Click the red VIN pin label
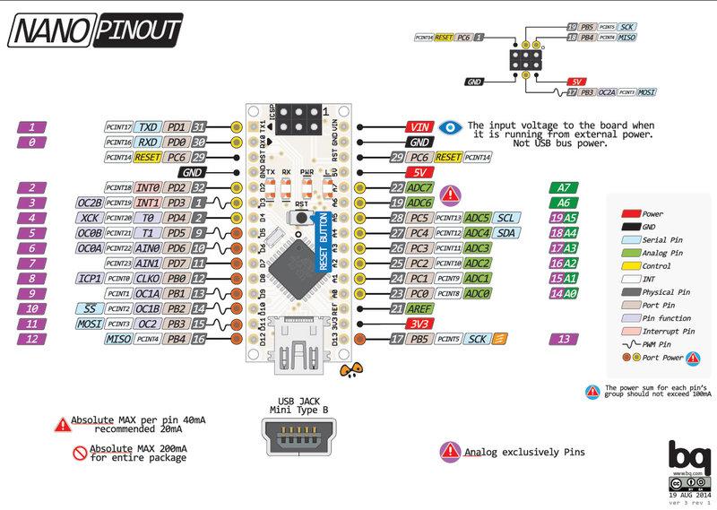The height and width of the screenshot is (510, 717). [x=419, y=127]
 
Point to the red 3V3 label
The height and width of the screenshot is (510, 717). [x=419, y=323]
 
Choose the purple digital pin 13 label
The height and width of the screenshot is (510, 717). [x=562, y=338]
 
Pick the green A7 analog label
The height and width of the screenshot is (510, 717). [x=562, y=187]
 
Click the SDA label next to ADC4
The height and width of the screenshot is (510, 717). [x=507, y=232]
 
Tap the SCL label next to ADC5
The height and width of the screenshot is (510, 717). [x=506, y=218]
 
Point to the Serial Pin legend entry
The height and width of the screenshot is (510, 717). [x=663, y=241]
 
